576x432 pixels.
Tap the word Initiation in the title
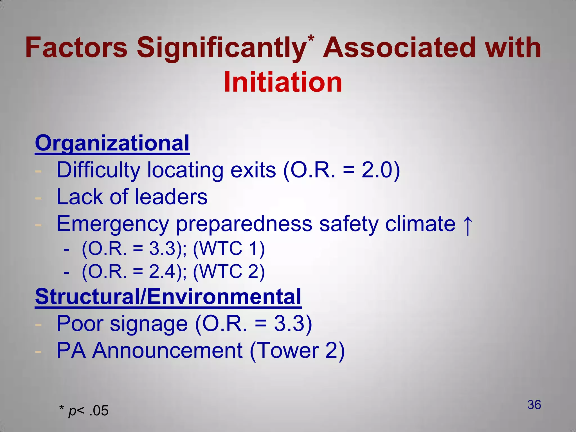click(283, 82)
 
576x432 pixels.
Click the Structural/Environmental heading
click(168, 296)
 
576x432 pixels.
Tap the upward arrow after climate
click(467, 225)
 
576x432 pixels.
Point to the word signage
click(149, 324)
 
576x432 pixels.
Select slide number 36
click(534, 405)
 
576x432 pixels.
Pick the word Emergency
click(112, 224)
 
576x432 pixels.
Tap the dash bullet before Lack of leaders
click(38, 198)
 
